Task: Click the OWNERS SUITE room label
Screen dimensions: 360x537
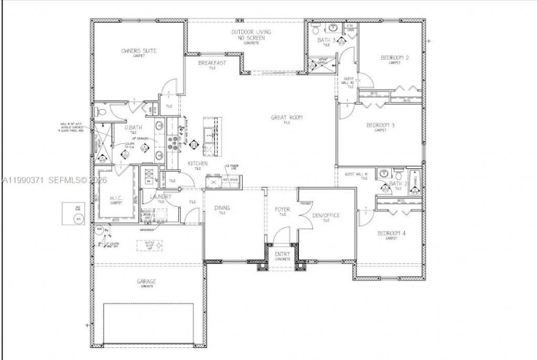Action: click(139, 51)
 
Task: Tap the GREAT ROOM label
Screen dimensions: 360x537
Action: click(286, 118)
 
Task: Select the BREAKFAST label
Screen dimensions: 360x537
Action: click(212, 63)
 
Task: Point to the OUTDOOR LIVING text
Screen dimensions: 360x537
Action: click(248, 33)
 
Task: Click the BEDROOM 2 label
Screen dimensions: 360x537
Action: click(394, 58)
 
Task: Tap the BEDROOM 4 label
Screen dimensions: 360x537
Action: click(391, 233)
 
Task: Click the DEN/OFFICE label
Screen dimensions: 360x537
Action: click(326, 215)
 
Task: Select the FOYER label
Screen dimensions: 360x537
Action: click(282, 209)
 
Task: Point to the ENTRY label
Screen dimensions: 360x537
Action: click(282, 255)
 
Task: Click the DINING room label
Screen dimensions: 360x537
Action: click(222, 208)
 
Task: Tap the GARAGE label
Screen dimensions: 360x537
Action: click(146, 281)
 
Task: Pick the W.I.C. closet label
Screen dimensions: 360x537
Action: click(116, 198)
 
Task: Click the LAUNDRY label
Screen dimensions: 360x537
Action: click(160, 196)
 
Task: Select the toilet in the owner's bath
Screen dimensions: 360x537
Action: click(101, 112)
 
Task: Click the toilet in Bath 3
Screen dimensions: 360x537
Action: click(316, 27)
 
